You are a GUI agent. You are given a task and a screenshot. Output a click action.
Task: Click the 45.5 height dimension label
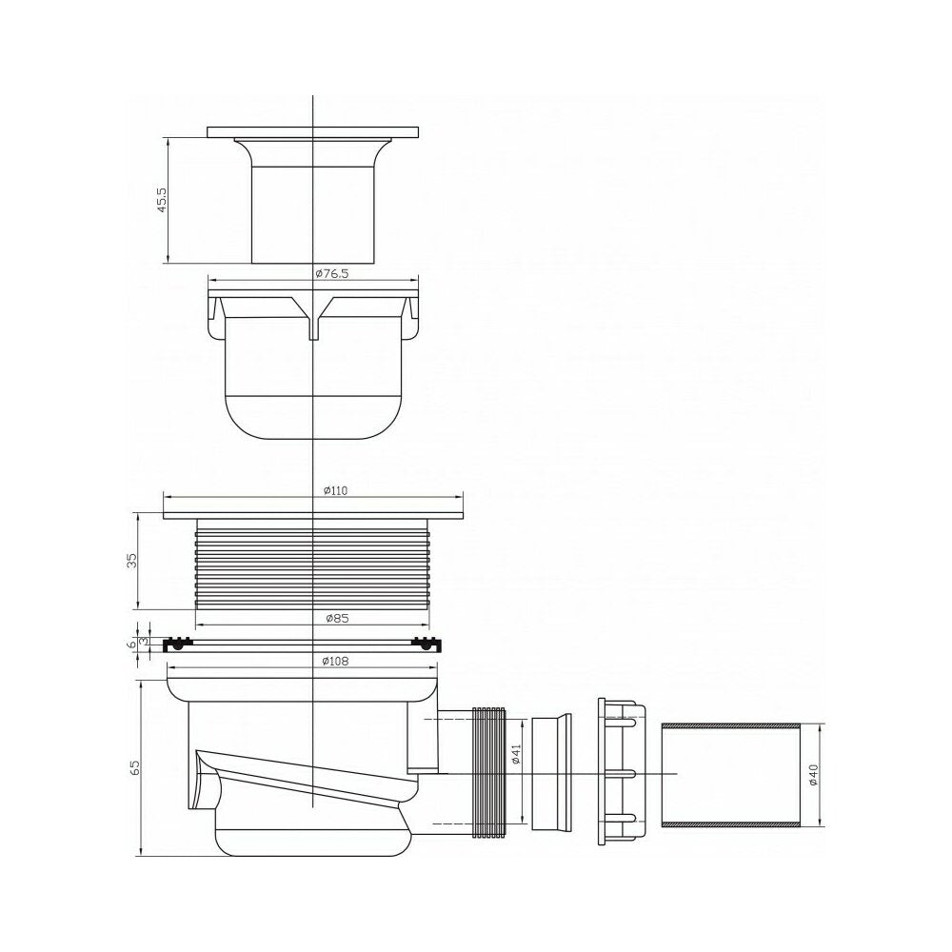pos(162,199)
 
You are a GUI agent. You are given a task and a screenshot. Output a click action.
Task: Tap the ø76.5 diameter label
pos(332,274)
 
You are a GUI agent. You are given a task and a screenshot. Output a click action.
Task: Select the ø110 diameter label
pos(336,490)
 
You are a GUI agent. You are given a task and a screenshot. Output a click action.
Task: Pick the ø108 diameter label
pos(336,662)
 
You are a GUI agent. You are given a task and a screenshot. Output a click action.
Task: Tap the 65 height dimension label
pos(135,766)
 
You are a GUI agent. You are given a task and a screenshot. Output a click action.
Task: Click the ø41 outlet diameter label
pos(516,753)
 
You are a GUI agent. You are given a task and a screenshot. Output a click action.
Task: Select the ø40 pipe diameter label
pos(814,775)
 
